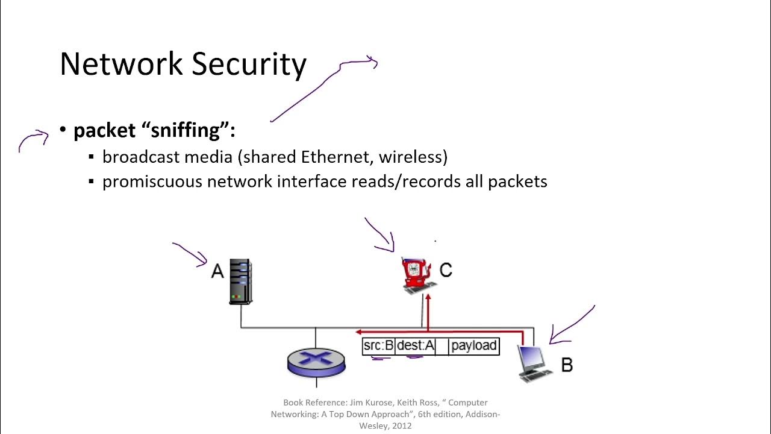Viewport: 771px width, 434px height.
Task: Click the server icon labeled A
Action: (240, 281)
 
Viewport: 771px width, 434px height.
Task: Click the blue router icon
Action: (316, 361)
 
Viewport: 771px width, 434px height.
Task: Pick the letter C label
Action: (446, 271)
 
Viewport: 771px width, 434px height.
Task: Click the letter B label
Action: (567, 365)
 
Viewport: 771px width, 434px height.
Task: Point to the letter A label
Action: (217, 271)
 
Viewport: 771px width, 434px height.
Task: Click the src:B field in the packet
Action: (378, 346)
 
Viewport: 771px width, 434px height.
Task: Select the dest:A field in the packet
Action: (415, 346)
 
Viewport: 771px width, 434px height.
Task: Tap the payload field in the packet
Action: (474, 346)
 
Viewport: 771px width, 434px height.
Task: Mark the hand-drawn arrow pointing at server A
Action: (192, 254)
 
